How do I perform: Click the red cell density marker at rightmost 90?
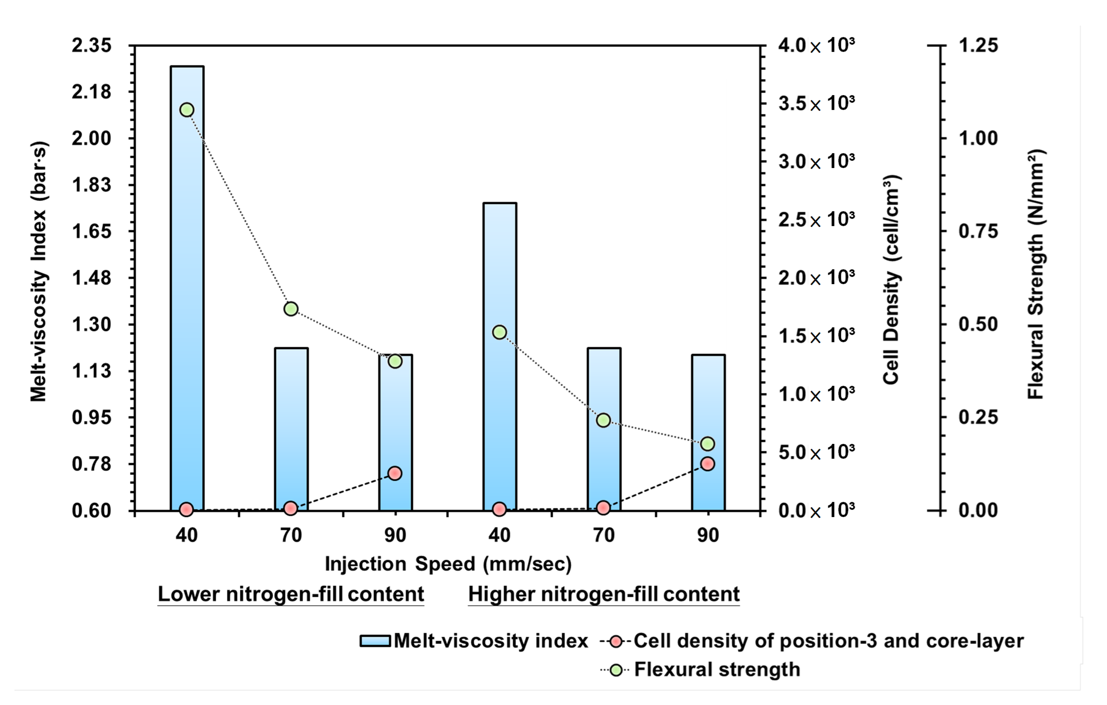coord(708,464)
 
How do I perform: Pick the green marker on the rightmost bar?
coord(708,444)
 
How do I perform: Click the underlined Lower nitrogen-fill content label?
coord(290,594)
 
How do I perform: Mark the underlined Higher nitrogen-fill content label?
coord(604,594)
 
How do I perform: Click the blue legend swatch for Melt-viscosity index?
coord(375,641)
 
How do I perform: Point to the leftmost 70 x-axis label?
coord(290,535)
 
